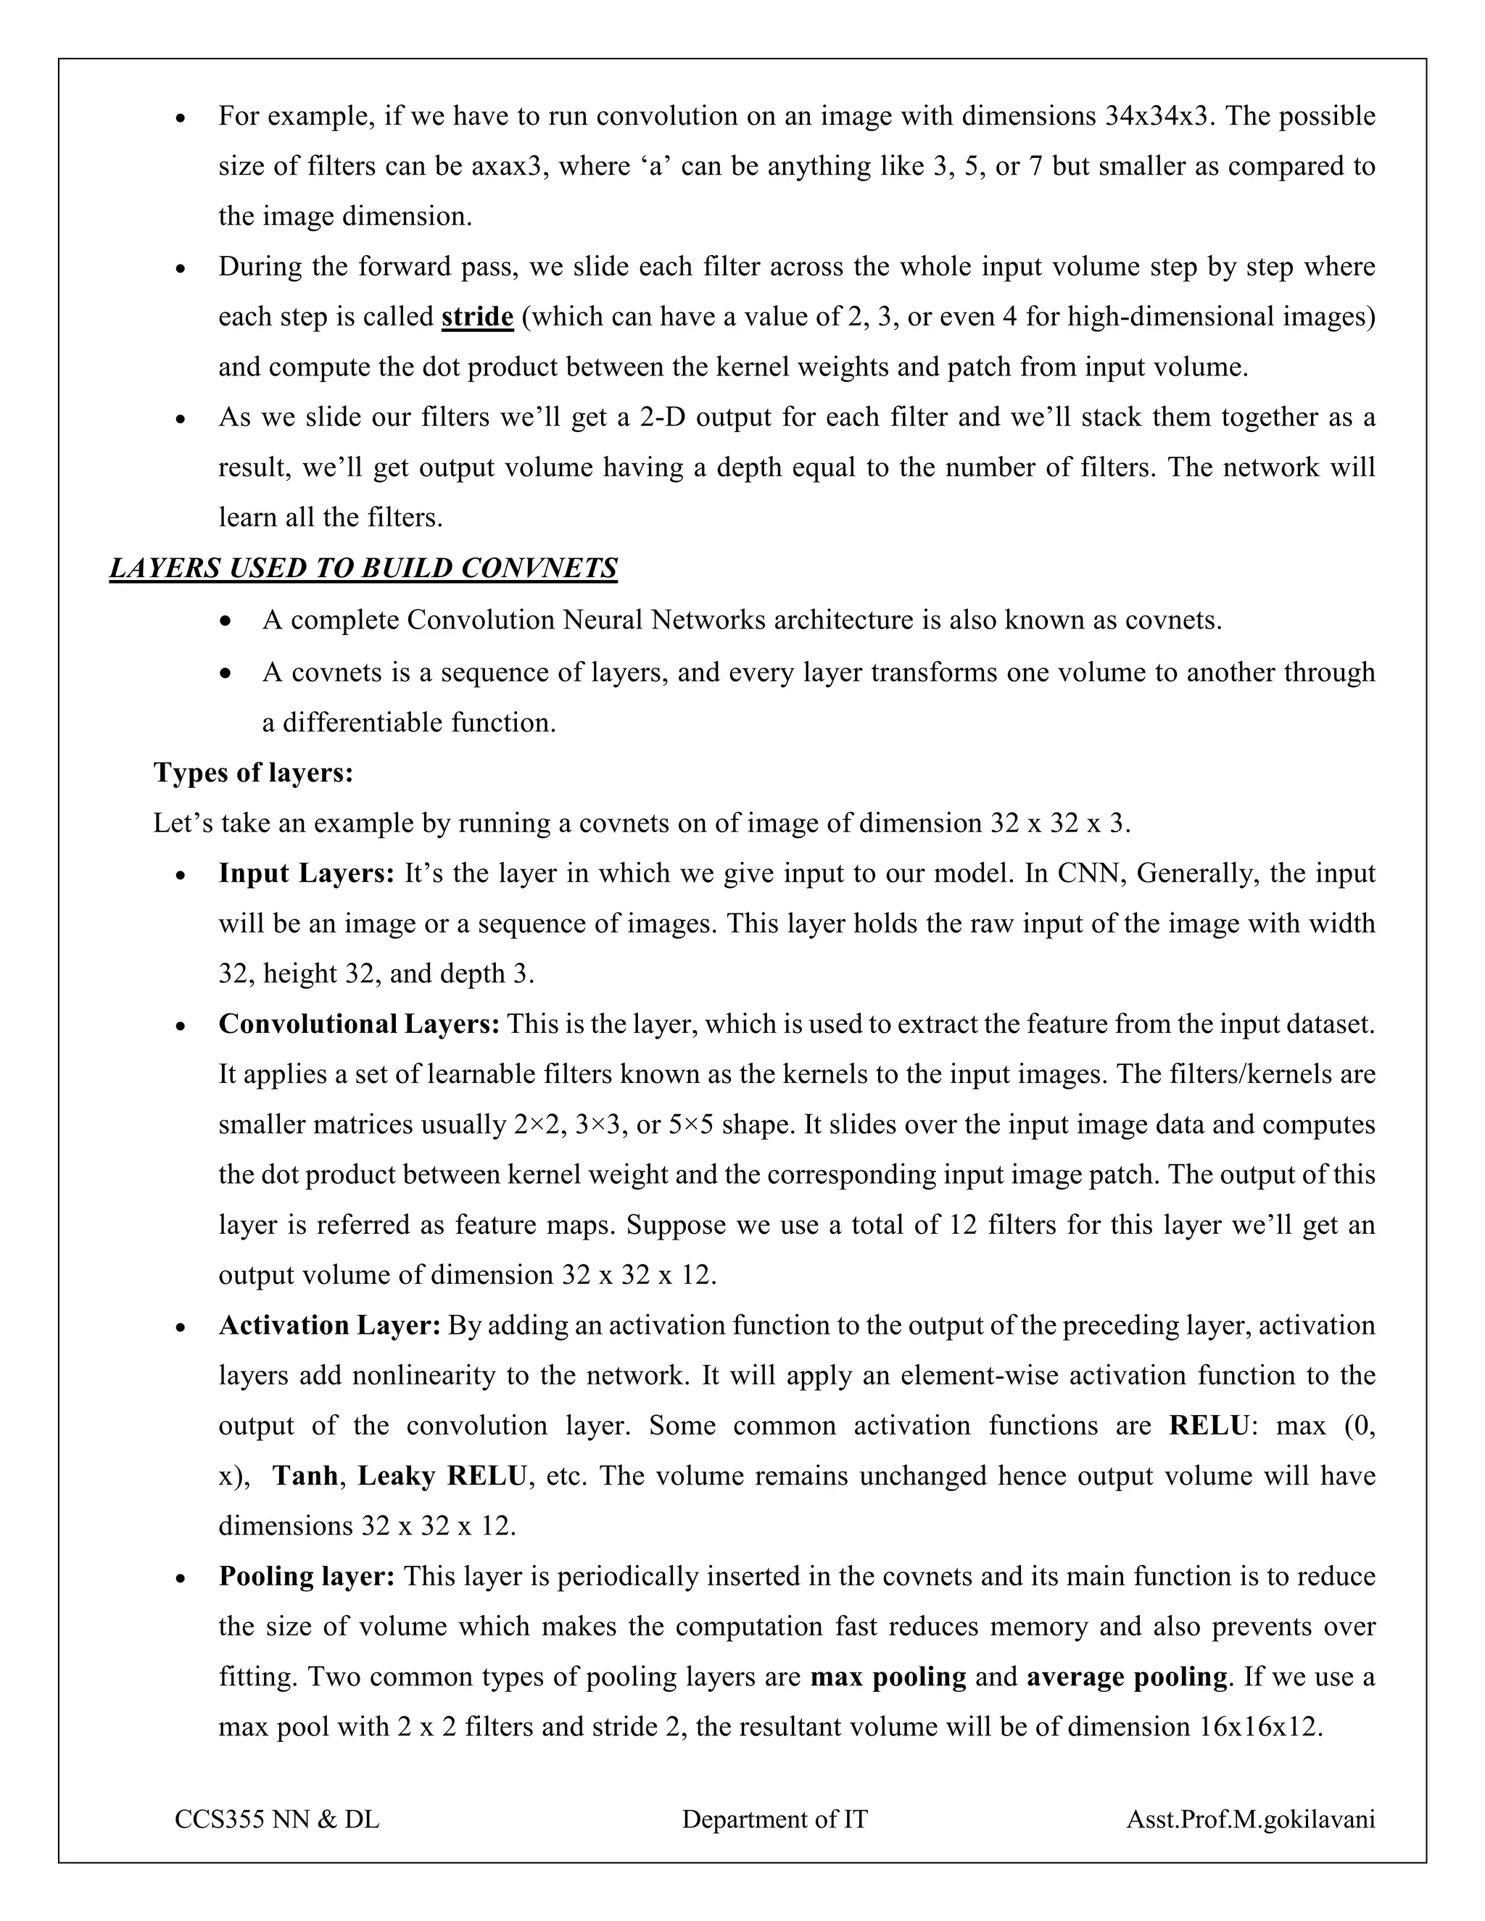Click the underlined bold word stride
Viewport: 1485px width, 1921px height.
pos(477,317)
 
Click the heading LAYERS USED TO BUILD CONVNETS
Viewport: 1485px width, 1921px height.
pos(363,568)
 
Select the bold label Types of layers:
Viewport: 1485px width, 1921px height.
pos(253,772)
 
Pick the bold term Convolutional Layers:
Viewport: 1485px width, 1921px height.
pos(359,1024)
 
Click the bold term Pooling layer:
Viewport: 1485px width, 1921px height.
pos(306,1575)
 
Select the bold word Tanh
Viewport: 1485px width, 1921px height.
pos(305,1475)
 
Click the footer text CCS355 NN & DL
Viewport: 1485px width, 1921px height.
pos(277,1819)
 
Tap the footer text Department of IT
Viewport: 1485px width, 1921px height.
pos(774,1819)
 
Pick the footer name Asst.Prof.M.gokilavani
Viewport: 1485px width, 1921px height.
pos(1250,1819)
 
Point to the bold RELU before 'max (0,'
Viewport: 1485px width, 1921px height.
pos(1208,1425)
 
